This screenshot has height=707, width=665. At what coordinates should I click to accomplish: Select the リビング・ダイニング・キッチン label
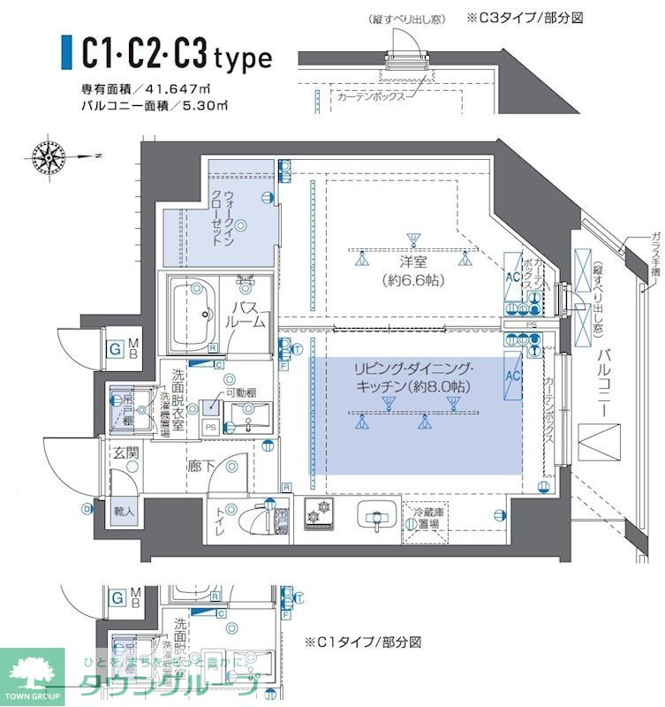click(x=413, y=377)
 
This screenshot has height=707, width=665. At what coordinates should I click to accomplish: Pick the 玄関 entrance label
click(x=125, y=453)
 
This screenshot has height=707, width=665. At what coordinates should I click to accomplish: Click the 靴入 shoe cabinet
click(x=124, y=510)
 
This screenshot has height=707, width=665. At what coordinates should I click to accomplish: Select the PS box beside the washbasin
click(x=209, y=427)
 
